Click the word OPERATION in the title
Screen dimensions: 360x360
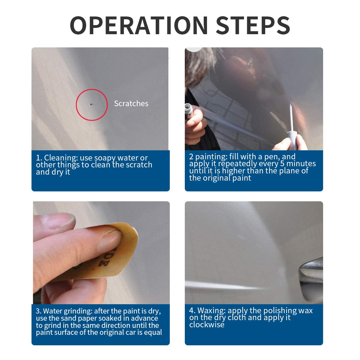tap(139, 25)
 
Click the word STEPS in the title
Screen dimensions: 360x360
tap(253, 25)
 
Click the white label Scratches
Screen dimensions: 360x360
tap(131, 103)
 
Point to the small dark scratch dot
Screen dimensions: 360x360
tap(91, 104)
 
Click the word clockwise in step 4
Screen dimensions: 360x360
tap(207, 325)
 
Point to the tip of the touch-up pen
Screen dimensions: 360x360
tap(290, 99)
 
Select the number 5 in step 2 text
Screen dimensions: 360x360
tap(282, 164)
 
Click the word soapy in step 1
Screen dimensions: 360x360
tap(105, 158)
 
